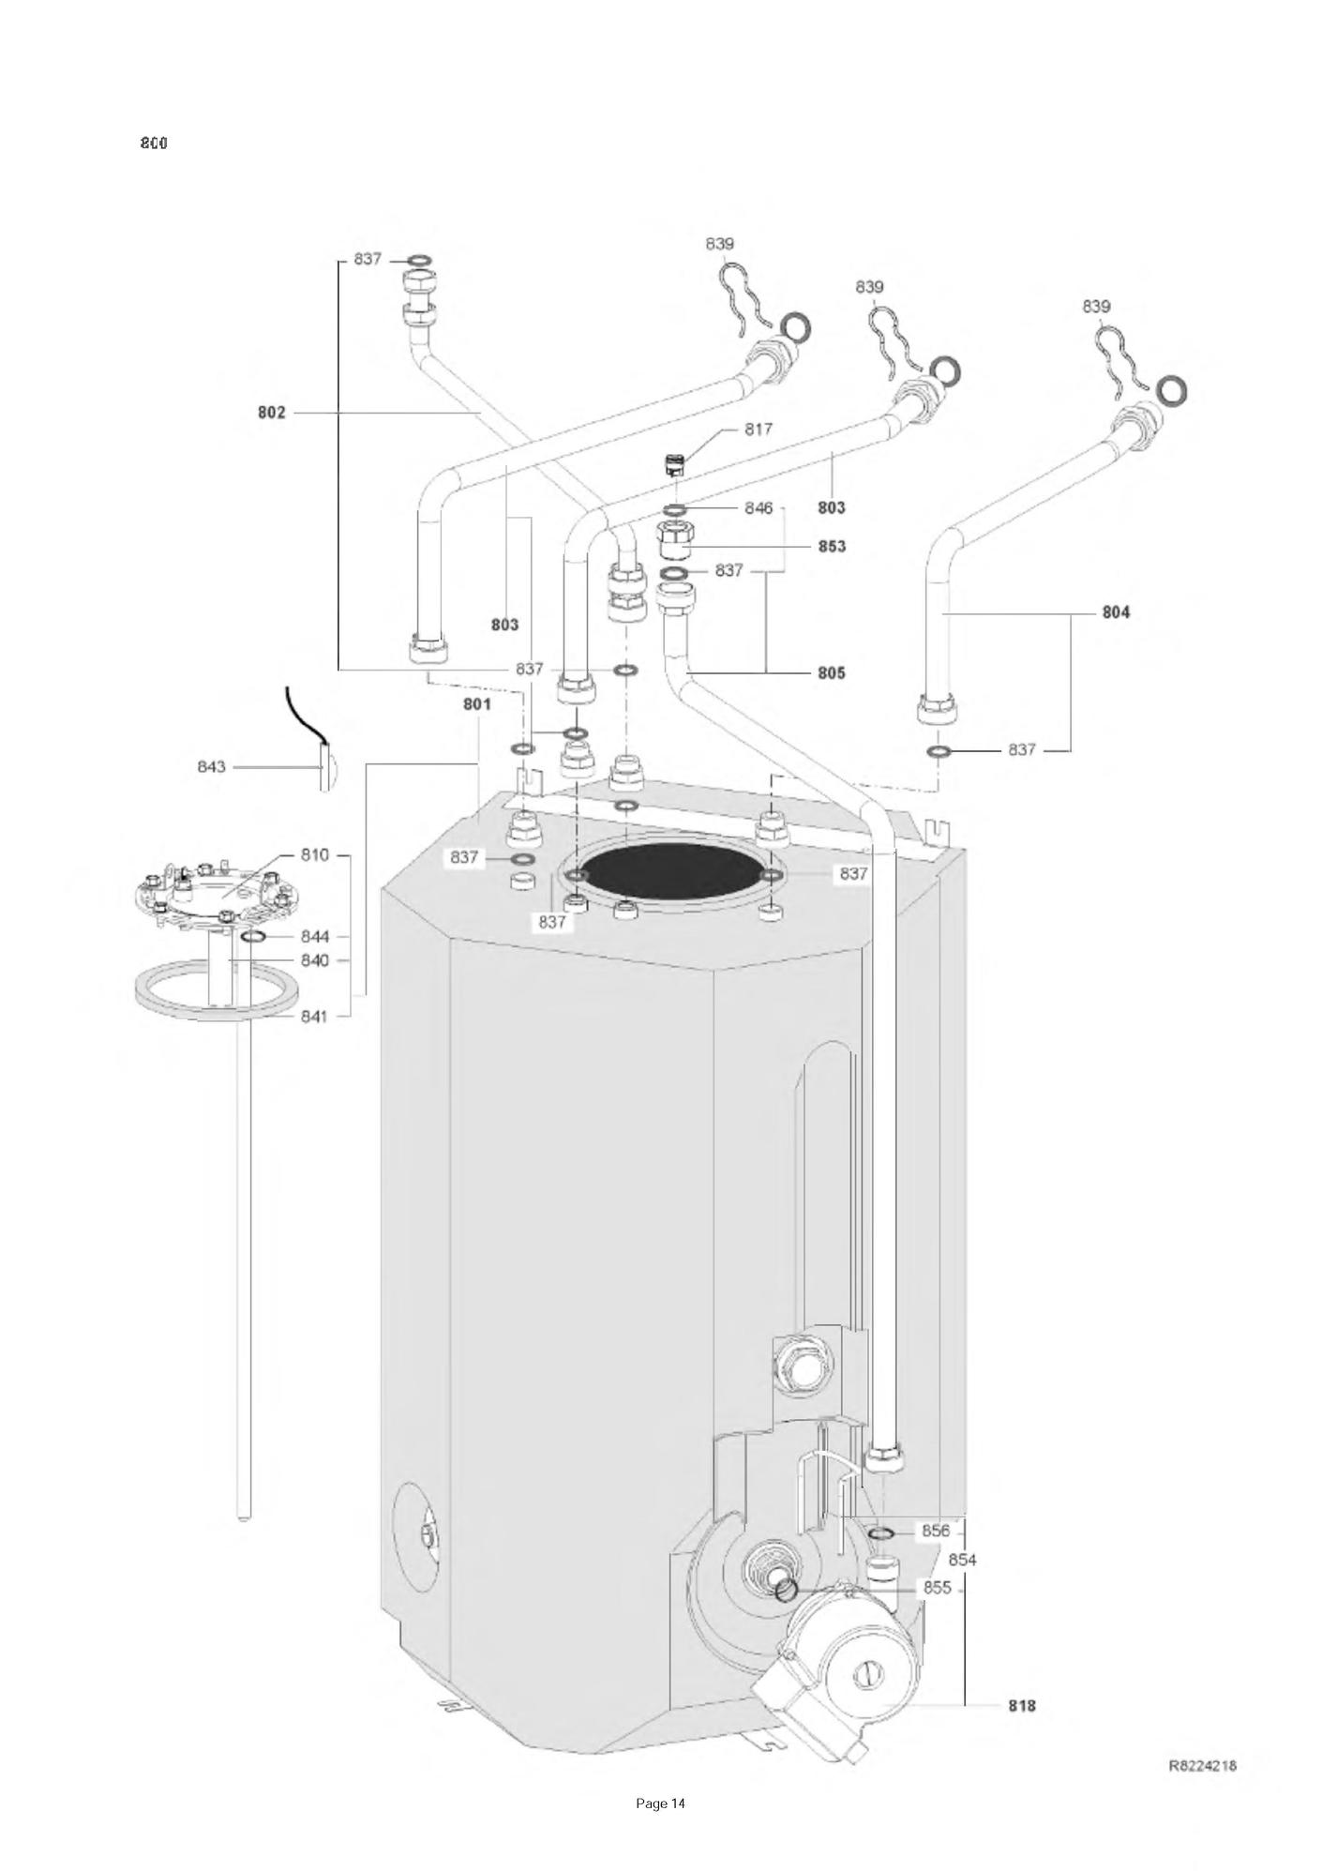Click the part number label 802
272,413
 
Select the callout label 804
1116,612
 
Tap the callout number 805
831,672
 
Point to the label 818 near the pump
1022,1705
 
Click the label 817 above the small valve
759,429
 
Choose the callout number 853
831,546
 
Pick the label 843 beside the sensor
211,766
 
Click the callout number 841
315,1015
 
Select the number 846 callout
759,507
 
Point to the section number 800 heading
154,143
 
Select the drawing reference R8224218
1202,1765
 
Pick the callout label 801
477,704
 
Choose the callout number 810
315,855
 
